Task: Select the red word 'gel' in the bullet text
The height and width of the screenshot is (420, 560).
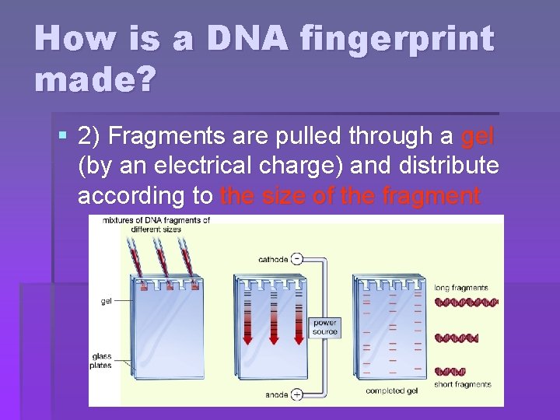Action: click(x=478, y=137)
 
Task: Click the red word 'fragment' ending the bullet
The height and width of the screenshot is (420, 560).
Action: click(x=431, y=196)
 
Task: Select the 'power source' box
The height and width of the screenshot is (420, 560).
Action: click(x=325, y=327)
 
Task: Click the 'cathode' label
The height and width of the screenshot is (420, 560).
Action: click(x=274, y=259)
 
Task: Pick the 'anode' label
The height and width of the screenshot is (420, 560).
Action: click(x=276, y=394)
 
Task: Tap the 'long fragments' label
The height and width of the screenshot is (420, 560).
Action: click(x=461, y=288)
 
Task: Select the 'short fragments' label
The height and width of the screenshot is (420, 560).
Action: click(x=463, y=384)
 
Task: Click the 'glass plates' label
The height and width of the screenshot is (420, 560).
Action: click(x=100, y=361)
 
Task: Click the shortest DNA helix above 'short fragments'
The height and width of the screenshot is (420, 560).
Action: click(x=450, y=371)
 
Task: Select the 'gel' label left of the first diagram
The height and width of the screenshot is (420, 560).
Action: click(x=107, y=301)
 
